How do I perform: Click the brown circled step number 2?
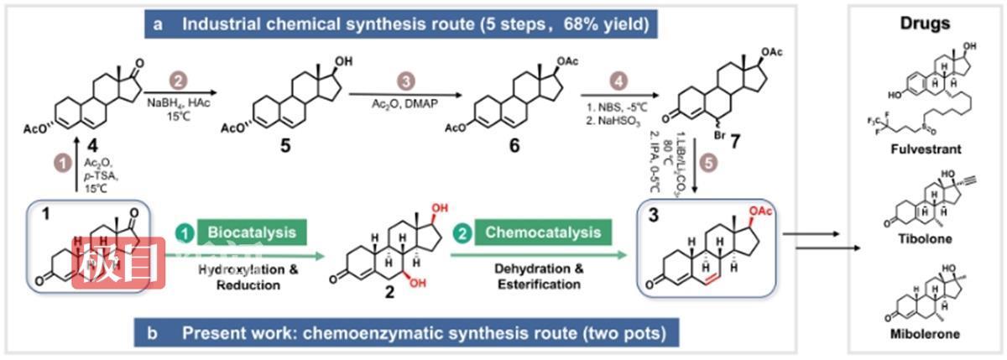pyautogui.click(x=177, y=81)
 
